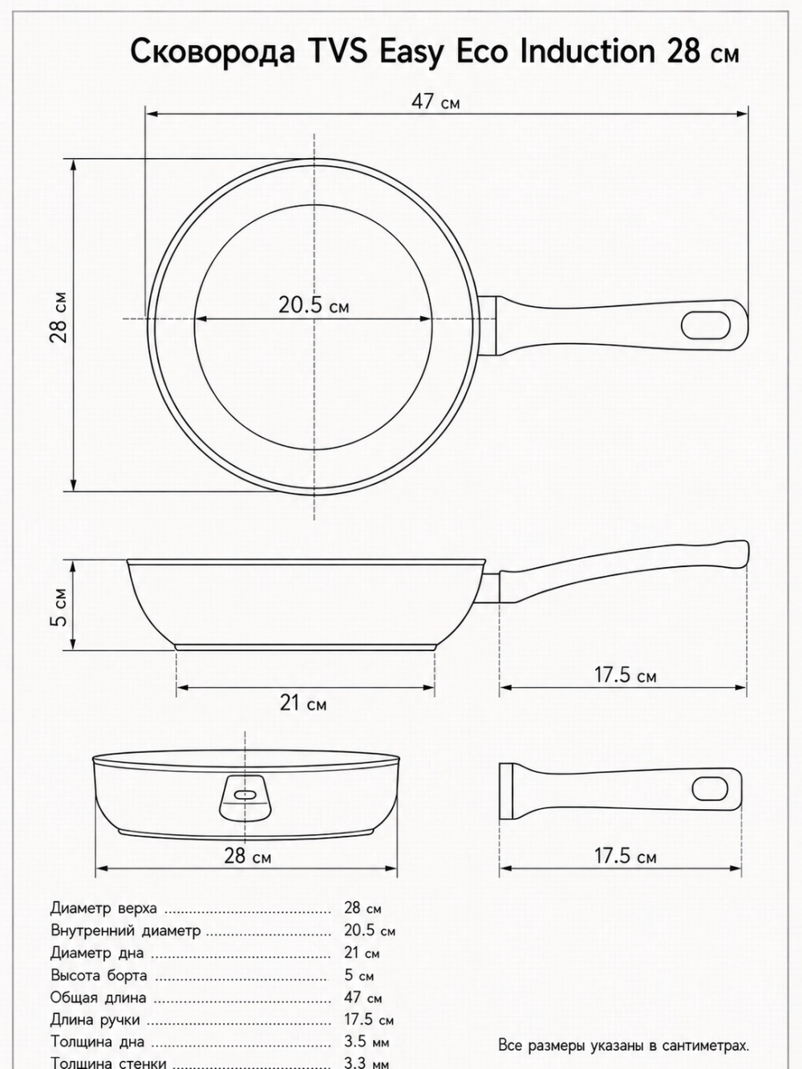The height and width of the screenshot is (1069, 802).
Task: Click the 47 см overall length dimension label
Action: click(x=435, y=103)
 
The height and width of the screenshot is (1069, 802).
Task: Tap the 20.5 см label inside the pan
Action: click(x=314, y=306)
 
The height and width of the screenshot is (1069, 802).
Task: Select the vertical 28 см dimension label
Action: click(x=59, y=318)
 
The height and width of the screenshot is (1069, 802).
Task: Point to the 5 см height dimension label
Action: click(x=59, y=607)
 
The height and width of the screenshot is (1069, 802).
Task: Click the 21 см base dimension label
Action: click(x=303, y=703)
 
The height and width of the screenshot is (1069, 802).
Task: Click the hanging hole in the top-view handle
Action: click(x=706, y=326)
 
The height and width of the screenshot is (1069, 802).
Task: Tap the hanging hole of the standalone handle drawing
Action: click(x=710, y=788)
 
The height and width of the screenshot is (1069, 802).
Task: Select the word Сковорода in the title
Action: click(x=213, y=52)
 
